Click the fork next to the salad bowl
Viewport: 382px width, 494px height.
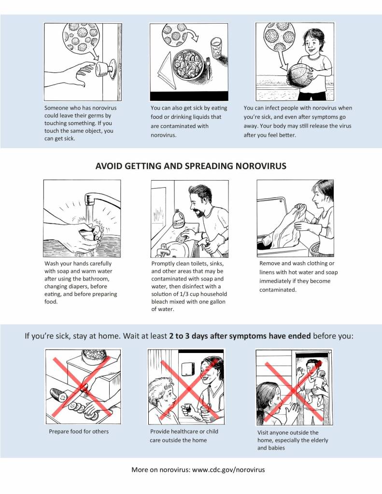pyautogui.click(x=208, y=68)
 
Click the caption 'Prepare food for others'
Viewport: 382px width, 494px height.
pyautogui.click(x=79, y=431)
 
